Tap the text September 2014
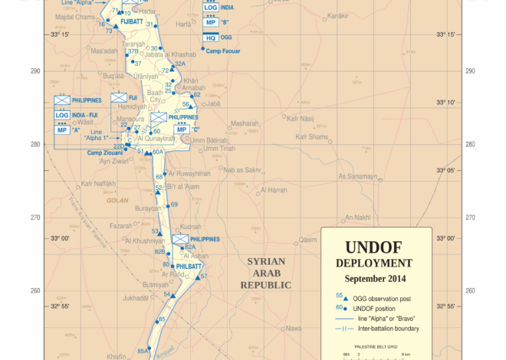point(376,279)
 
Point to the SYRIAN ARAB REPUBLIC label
point(265,273)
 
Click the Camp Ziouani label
point(103,153)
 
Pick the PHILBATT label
point(189,266)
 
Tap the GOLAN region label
point(117,200)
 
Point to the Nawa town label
point(293,328)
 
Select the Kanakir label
point(338,15)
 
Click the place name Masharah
point(245,123)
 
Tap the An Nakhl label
point(357,217)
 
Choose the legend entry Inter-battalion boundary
point(388,329)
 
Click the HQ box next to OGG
point(211,38)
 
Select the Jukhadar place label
point(135,297)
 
